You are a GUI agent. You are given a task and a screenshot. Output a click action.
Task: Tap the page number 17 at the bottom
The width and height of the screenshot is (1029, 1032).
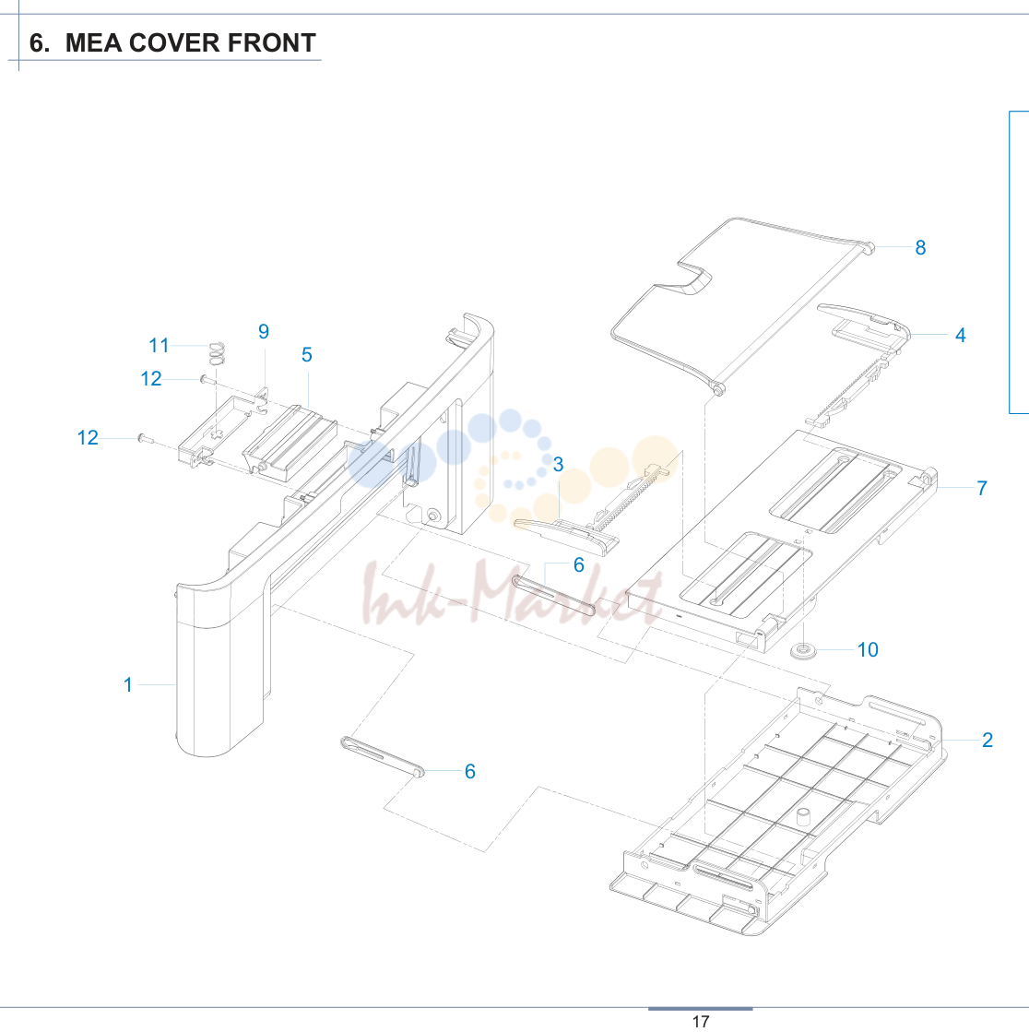701,1021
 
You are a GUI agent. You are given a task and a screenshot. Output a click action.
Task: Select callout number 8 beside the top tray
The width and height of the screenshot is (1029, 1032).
920,247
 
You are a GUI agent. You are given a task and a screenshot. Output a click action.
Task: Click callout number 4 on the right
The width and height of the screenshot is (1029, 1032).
961,335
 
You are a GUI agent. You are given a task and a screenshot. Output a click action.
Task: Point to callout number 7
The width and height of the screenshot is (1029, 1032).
982,488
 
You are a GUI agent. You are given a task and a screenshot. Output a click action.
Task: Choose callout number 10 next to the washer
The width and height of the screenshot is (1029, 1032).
868,649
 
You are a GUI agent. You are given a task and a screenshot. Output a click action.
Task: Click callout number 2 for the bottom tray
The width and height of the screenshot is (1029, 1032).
987,740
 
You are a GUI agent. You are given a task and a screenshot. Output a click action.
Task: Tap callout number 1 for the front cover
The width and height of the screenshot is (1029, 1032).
128,684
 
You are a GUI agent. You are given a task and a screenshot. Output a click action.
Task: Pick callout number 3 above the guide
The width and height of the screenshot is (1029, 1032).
558,464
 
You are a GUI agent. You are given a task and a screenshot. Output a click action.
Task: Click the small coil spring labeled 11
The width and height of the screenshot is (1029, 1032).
217,353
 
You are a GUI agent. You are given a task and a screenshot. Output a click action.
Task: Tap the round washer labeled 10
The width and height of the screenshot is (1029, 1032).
803,651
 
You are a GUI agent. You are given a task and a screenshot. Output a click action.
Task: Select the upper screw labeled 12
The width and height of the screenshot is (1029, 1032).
207,380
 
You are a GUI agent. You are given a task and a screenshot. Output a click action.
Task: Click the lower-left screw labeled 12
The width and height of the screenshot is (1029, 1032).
146,438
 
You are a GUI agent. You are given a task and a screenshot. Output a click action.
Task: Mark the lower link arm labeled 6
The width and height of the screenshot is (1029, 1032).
383,757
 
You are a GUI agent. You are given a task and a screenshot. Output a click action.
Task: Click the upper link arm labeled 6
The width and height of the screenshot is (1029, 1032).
553,595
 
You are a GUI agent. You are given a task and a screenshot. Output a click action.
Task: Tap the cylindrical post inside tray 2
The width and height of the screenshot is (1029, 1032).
803,817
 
